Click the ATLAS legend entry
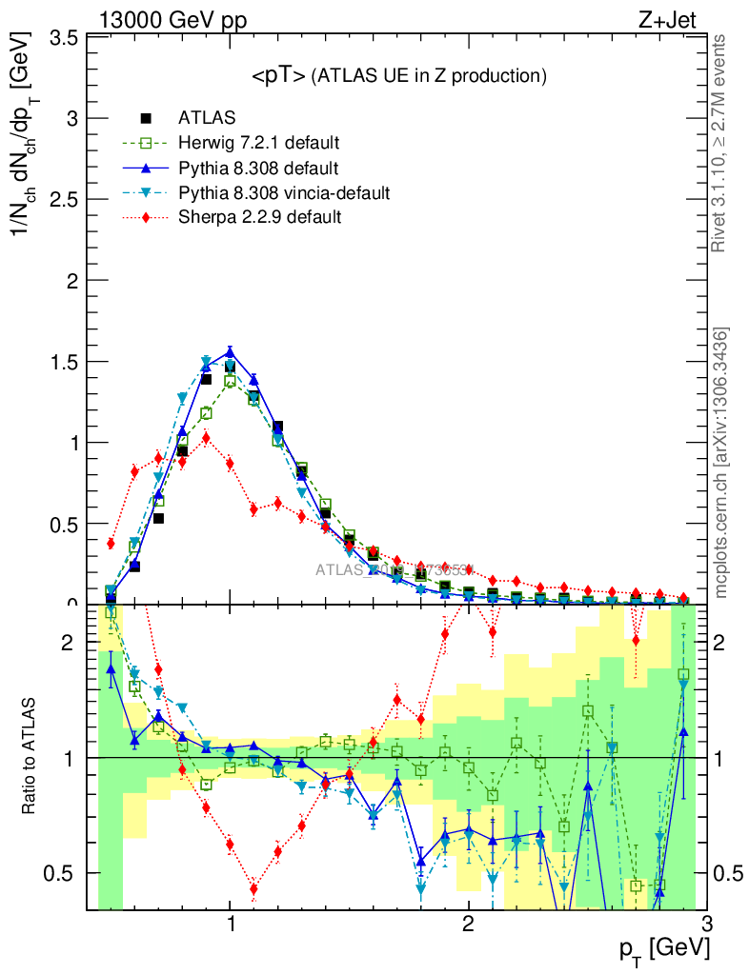pyautogui.click(x=206, y=119)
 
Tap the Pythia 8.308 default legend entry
pyautogui.click(x=257, y=169)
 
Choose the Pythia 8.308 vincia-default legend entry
pyautogui.click(x=283, y=193)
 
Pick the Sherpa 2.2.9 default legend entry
pyautogui.click(x=259, y=217)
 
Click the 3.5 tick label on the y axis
pyautogui.click(x=64, y=38)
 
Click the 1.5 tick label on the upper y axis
pyautogui.click(x=64, y=362)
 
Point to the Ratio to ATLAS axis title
pyautogui.click(x=31, y=758)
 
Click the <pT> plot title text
pyautogui.click(x=397, y=76)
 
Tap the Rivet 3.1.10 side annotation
pyautogui.click(x=720, y=143)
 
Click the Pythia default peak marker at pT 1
pyautogui.click(x=230, y=352)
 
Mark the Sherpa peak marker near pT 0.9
pyautogui.click(x=206, y=439)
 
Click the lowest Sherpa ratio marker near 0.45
pyautogui.click(x=253, y=889)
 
